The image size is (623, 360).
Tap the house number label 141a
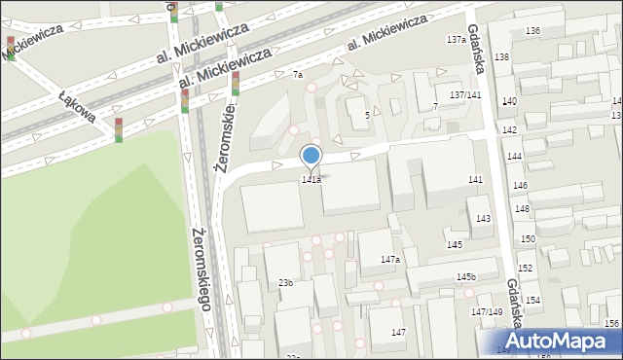coord(311,180)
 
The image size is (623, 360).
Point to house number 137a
coord(456,40)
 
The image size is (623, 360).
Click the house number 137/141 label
coord(465,94)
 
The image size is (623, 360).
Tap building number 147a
coord(390,260)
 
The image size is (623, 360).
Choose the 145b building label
coord(466,277)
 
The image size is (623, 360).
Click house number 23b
coord(285,282)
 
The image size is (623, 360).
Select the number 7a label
coord(298,75)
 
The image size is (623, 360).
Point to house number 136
coord(532,31)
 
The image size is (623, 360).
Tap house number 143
coord(483,219)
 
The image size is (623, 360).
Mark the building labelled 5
coord(367,116)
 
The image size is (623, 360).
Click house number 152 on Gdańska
coord(525,268)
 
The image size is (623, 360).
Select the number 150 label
coord(528,238)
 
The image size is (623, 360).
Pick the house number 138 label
coord(501,57)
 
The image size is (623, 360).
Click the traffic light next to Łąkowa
coord(119,129)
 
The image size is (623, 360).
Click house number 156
coord(611,323)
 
